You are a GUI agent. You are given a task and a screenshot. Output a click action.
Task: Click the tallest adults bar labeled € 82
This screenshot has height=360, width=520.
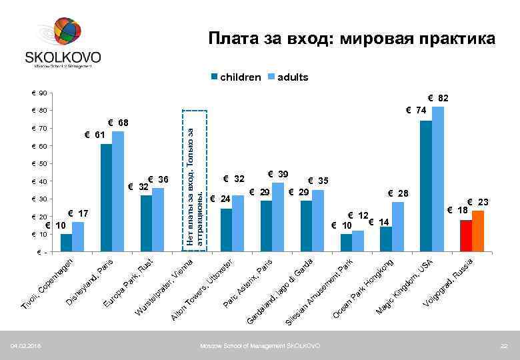438,179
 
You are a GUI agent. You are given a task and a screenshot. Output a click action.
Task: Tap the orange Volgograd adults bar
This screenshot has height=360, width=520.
478,231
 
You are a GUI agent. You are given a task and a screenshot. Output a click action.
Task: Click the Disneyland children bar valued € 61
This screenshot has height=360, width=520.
106,198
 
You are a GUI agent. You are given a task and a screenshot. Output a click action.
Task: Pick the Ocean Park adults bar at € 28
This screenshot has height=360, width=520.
398,227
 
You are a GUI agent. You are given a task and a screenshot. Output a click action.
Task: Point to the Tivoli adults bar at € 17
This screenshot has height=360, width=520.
78,237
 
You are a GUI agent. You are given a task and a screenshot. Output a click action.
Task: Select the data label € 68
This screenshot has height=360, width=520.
120,123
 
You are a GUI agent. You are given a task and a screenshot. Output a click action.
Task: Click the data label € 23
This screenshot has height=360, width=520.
478,202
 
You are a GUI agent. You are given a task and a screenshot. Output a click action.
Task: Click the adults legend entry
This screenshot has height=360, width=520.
288,77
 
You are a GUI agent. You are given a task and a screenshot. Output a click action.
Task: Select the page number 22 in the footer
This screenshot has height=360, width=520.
504,346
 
